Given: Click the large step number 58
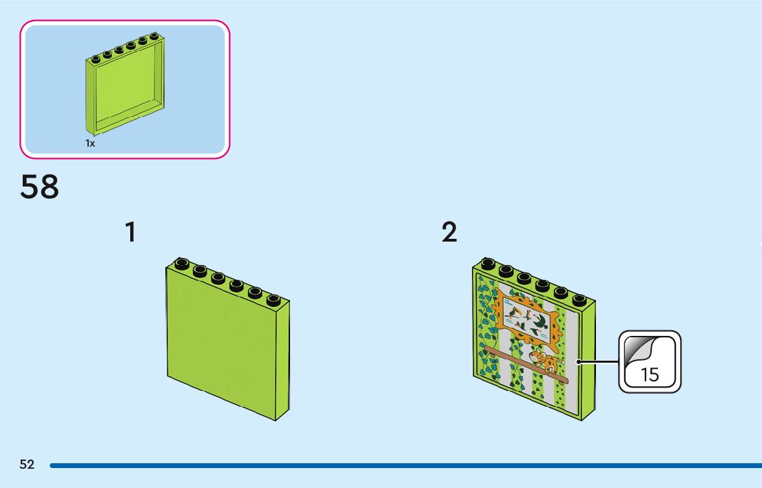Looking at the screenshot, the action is point(40,187).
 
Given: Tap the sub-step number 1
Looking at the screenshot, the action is point(130,233).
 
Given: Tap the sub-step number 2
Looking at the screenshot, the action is point(449,233).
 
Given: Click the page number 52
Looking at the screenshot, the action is point(27,465).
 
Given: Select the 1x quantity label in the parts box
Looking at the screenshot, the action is point(90,143).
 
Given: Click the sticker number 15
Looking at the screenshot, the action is point(650,375).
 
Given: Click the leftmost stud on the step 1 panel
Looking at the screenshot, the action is point(182,264).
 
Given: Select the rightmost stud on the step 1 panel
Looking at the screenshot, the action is point(274,299).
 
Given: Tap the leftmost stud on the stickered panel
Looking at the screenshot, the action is point(488,264).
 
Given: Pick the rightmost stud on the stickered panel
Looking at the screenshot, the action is point(579,299).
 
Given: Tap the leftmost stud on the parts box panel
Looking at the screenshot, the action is point(96,58).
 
